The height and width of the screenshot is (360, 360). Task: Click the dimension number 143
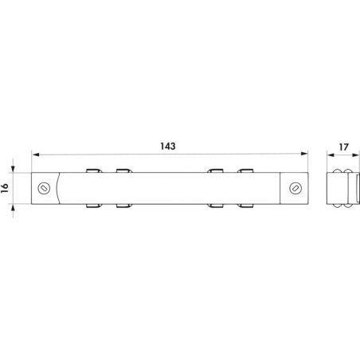[x=168, y=146]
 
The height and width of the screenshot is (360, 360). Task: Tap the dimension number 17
[x=343, y=147]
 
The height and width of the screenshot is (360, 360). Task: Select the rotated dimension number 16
[x=5, y=188]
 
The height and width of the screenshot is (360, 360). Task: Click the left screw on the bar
[x=44, y=188]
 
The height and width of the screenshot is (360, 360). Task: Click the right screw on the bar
[x=295, y=188]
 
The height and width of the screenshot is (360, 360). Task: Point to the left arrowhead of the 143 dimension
[x=35, y=155]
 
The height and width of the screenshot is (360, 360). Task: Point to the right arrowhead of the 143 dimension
[x=304, y=154]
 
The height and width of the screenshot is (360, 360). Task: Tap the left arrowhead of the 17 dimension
[x=331, y=155]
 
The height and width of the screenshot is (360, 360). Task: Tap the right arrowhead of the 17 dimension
[x=355, y=155]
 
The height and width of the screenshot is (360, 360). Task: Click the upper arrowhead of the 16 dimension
[x=13, y=169]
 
